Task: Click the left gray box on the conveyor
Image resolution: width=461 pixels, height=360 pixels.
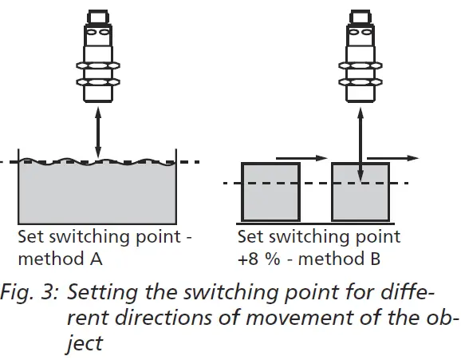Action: pos(270,192)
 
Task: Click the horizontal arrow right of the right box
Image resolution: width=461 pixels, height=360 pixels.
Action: pos(395,158)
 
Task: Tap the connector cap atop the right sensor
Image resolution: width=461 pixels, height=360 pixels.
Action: pos(361,15)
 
